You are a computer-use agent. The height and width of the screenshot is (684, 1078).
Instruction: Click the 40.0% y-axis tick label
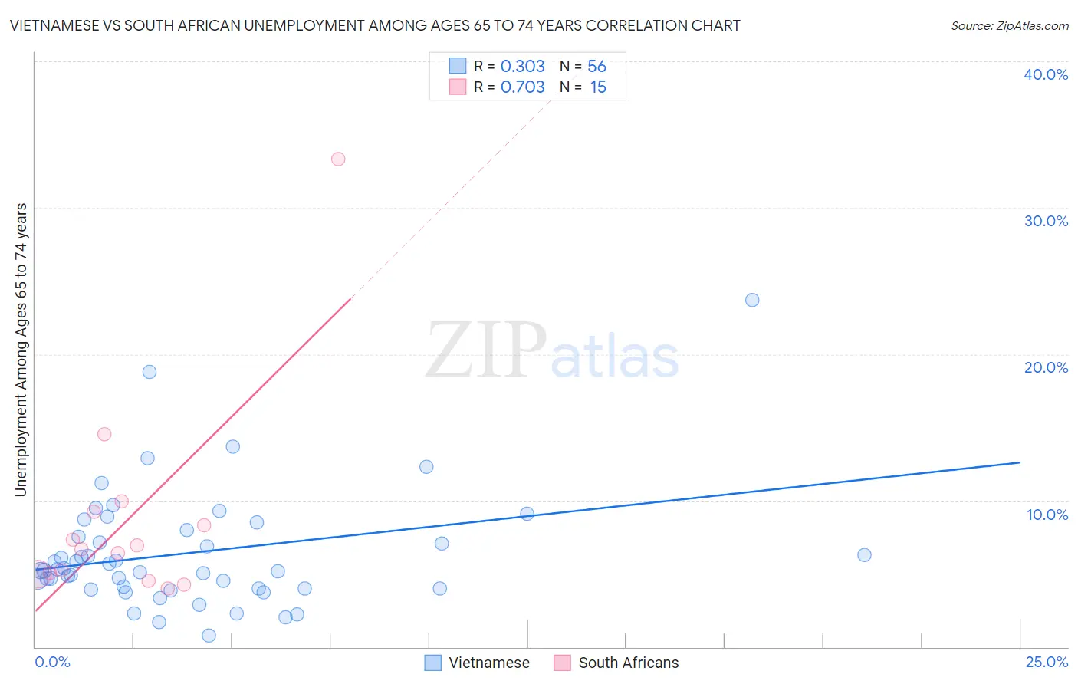[x=1046, y=74]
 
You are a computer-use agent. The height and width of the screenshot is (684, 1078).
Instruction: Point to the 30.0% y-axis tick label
[x=1046, y=221]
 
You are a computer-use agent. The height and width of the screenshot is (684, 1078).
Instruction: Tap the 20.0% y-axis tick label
[x=1046, y=367]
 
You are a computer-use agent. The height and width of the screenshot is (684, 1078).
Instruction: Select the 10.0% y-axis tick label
[x=1047, y=515]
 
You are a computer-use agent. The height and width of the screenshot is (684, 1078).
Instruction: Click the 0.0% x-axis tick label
[x=52, y=662]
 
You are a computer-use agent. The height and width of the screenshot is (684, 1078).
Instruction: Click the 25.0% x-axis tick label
[x=1047, y=662]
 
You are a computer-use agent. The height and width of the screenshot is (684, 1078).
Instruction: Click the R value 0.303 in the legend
[x=522, y=67]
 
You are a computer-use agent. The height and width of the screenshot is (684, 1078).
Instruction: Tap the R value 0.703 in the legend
[x=522, y=87]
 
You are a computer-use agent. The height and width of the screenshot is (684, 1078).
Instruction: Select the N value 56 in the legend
[x=597, y=67]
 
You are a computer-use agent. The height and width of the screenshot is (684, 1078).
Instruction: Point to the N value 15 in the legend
[x=598, y=87]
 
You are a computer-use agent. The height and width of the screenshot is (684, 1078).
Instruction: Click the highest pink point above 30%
[x=338, y=159]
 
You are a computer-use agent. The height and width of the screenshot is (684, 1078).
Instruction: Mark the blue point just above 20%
[x=752, y=300]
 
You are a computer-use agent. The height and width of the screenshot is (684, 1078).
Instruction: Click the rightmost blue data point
[x=864, y=555]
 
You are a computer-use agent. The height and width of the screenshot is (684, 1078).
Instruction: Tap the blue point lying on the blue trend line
[x=527, y=514]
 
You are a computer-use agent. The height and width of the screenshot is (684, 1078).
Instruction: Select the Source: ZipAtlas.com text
[x=1009, y=26]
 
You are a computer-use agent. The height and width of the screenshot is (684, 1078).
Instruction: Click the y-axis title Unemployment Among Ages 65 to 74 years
[x=21, y=350]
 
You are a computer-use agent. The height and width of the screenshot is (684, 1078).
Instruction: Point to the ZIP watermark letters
[x=486, y=351]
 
